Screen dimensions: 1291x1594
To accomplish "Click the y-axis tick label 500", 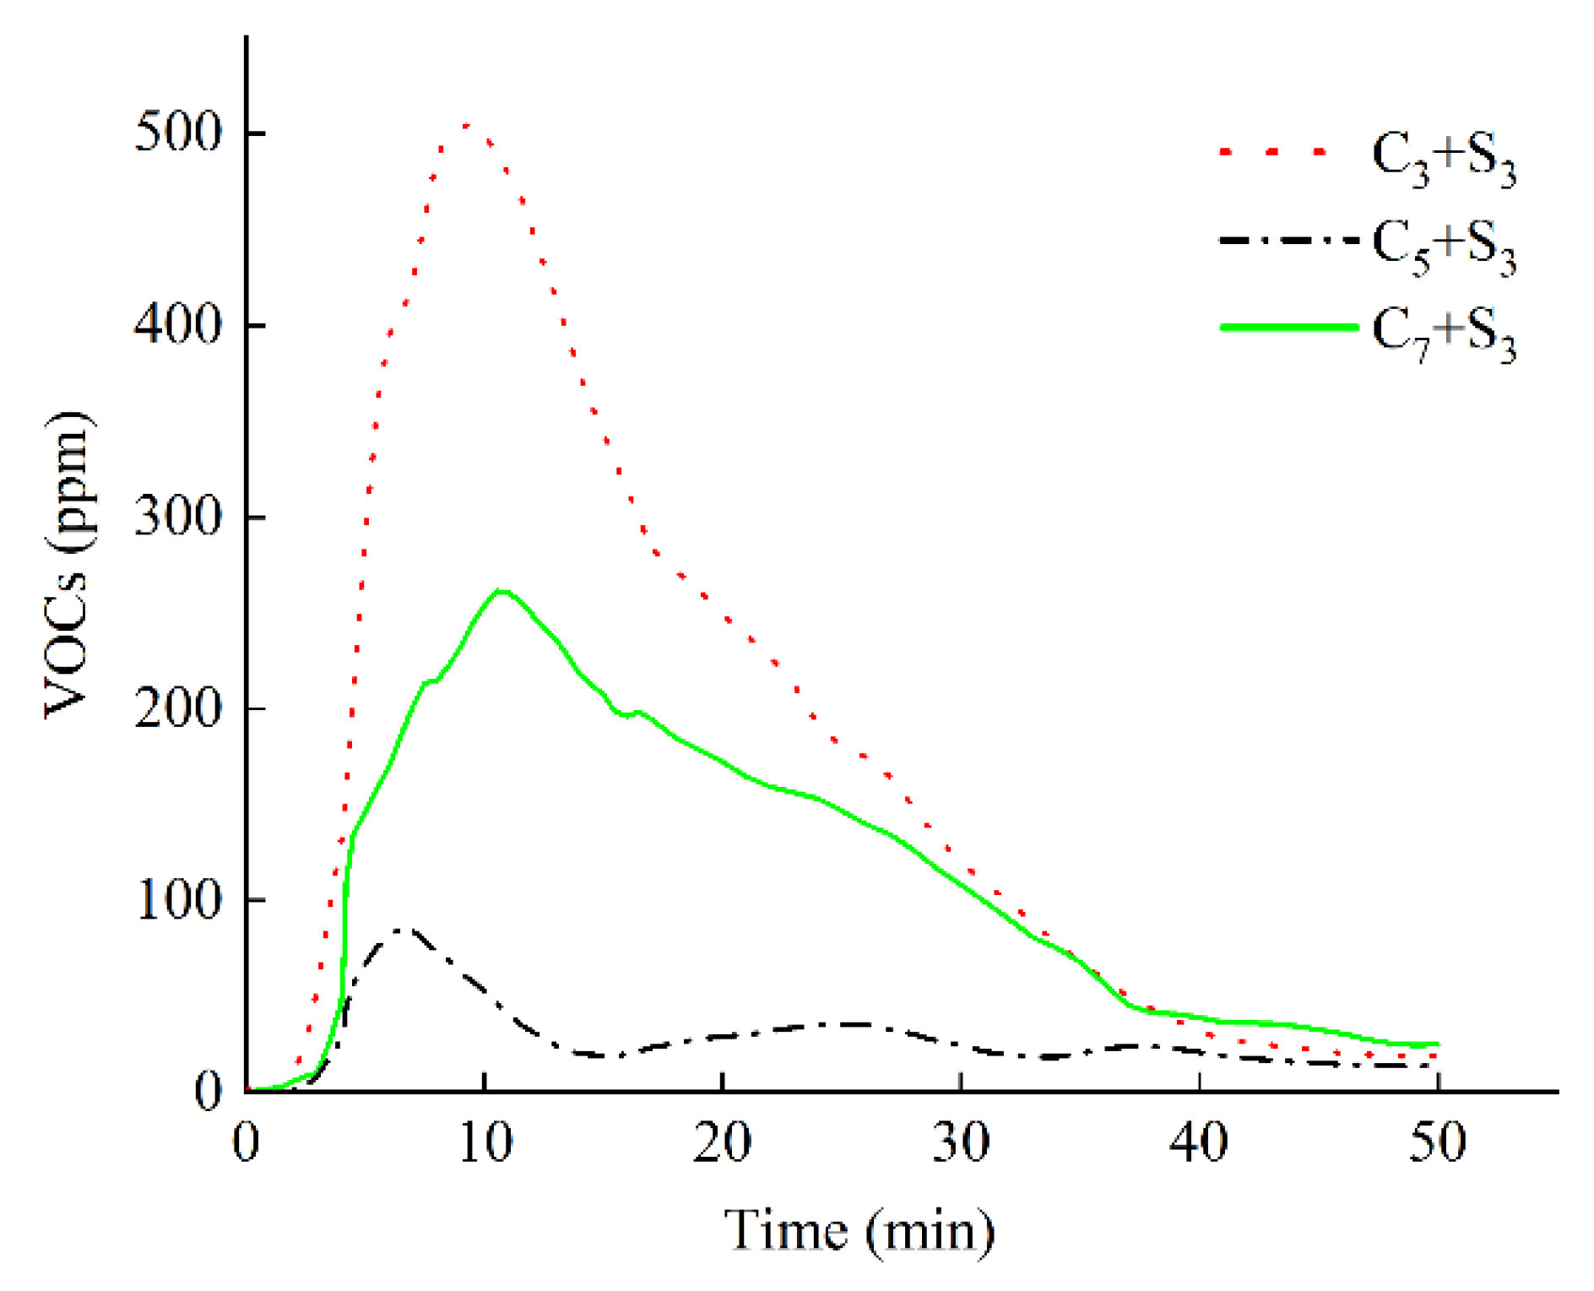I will tap(178, 133).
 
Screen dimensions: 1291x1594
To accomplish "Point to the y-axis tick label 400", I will tap(178, 324).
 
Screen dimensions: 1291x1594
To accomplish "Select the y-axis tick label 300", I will tap(178, 516).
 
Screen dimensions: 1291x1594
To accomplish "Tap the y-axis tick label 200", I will tap(178, 708).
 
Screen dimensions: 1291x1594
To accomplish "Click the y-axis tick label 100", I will tap(178, 899).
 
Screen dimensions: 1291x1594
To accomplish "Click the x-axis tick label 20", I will tap(722, 1142).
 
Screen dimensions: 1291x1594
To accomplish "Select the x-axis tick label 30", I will tap(961, 1142).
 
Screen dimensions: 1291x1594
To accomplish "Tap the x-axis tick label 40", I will tap(1199, 1142).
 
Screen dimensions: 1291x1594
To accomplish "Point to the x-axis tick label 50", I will tap(1438, 1142).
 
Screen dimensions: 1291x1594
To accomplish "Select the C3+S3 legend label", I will tap(1443, 160).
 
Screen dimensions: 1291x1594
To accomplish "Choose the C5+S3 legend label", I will tap(1443, 247).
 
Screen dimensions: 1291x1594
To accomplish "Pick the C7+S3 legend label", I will tap(1443, 334).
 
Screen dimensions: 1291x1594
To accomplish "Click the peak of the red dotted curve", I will tap(467, 125).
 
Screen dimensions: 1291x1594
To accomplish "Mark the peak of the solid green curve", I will tap(502, 590).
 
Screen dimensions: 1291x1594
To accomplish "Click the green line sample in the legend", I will tap(1288, 327).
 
